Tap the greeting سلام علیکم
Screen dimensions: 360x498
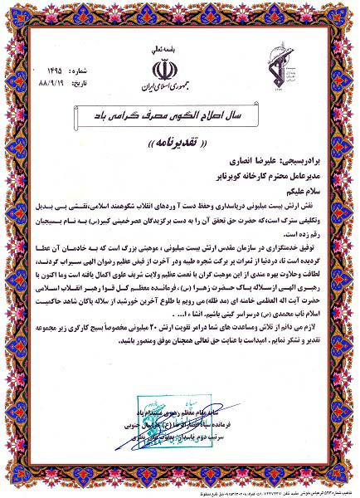click(296, 191)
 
